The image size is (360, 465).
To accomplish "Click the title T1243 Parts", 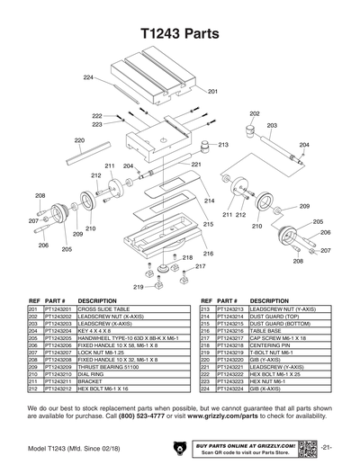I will (x=180, y=35).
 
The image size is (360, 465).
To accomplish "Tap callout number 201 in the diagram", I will (x=213, y=92).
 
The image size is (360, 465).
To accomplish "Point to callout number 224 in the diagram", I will (x=88, y=79).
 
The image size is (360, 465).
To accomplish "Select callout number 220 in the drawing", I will (x=79, y=140).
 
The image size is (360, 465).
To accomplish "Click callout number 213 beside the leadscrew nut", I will (x=223, y=145).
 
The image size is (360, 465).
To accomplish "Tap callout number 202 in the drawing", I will (x=255, y=114).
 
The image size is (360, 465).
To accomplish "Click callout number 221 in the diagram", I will (x=196, y=165).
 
